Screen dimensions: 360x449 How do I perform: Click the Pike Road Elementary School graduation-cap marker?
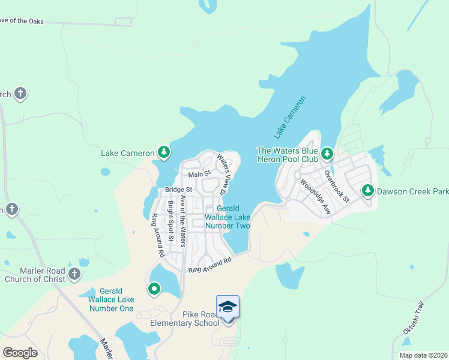pyautogui.click(x=228, y=308)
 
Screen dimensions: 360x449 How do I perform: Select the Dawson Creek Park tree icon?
pyautogui.click(x=367, y=191)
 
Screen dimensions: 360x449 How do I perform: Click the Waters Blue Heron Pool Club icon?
pyautogui.click(x=327, y=154)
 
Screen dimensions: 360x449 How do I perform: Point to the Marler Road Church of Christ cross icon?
pyautogui.click(x=74, y=274)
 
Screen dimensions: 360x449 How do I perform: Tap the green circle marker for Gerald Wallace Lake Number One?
pyautogui.click(x=154, y=289)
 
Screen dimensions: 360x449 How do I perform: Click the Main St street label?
pyautogui.click(x=199, y=175)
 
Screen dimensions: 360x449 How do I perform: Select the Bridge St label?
pyautogui.click(x=178, y=190)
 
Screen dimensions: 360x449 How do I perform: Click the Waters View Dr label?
pyautogui.click(x=224, y=175)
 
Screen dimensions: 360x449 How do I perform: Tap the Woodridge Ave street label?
pyautogui.click(x=316, y=197)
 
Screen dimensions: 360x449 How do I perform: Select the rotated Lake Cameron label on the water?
pyautogui.click(x=290, y=115)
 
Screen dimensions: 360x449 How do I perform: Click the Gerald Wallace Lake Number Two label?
pyautogui.click(x=228, y=217)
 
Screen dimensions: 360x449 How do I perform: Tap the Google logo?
pyautogui.click(x=20, y=353)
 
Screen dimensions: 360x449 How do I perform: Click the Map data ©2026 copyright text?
pyautogui.click(x=423, y=355)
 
